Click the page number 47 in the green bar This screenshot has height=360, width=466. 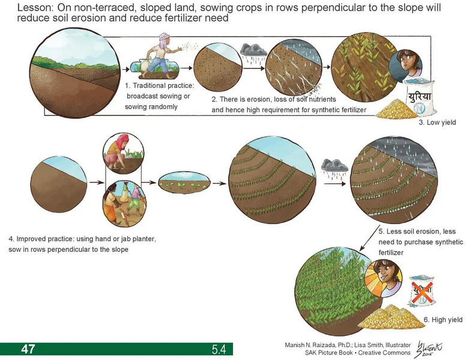(x=28, y=349)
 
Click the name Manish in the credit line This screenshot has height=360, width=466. (x=298, y=345)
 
